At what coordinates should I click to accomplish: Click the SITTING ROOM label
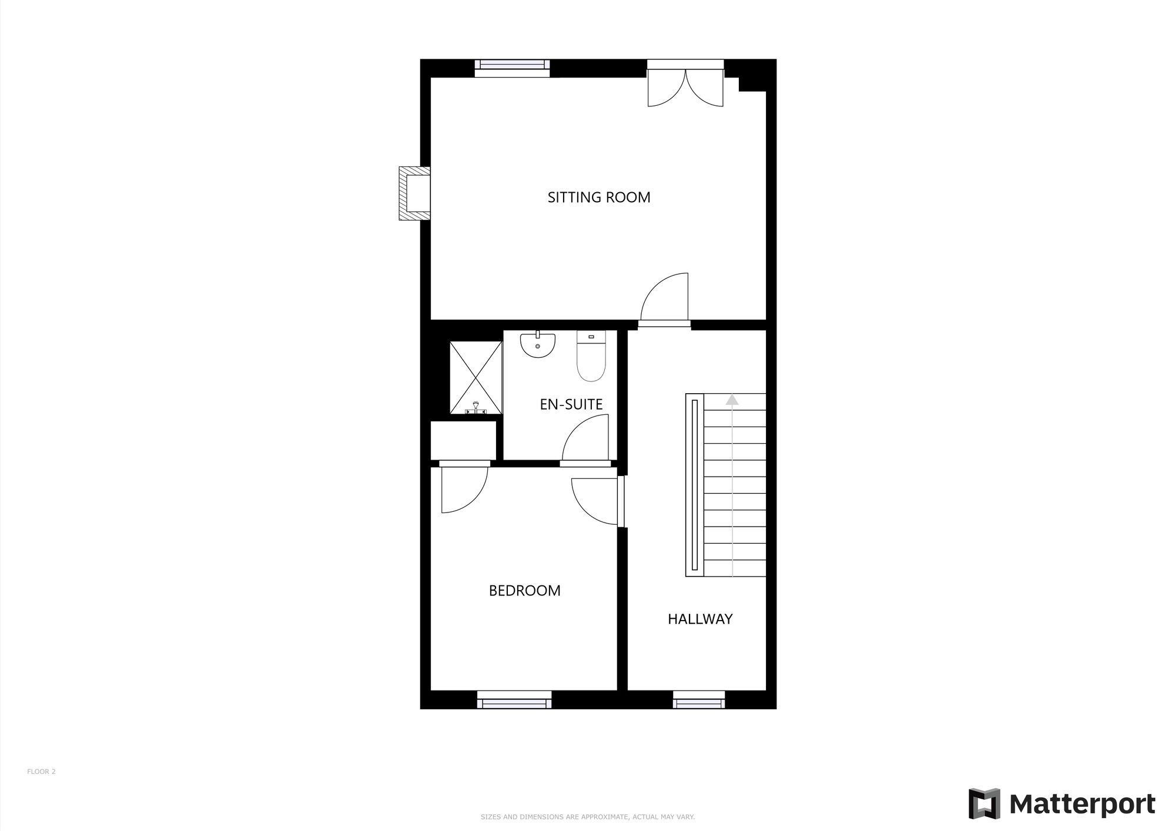point(598,197)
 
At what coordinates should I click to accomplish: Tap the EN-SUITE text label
point(571,404)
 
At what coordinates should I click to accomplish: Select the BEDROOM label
point(524,591)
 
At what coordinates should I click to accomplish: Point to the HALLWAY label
point(699,619)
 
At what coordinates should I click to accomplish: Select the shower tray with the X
point(476,377)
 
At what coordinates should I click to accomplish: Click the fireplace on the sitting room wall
point(414,193)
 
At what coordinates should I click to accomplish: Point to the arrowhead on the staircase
point(731,400)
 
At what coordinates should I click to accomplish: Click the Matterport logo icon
point(984,803)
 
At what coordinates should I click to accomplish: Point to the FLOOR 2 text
point(41,772)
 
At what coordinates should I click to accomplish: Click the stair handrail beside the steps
point(695,485)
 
